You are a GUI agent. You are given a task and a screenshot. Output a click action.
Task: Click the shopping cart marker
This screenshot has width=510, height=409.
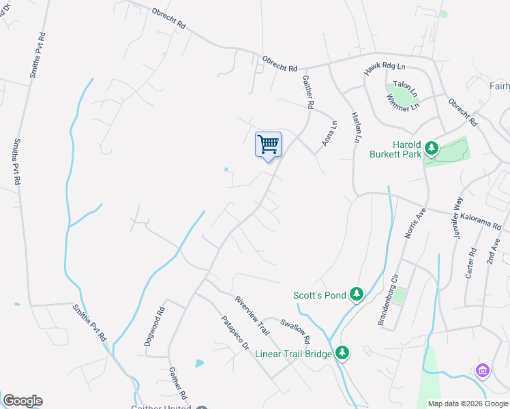click(x=268, y=145)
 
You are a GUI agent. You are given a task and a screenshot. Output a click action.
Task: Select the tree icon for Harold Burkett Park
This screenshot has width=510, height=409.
click(x=431, y=147)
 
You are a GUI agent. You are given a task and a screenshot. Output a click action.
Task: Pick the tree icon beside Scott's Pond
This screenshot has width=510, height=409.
click(x=356, y=294)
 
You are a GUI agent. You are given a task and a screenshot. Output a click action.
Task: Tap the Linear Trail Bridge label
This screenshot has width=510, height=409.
click(x=293, y=354)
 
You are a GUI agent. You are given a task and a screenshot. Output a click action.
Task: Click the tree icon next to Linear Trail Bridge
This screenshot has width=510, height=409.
click(x=342, y=353)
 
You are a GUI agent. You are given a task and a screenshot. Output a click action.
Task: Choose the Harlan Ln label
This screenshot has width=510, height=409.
click(x=355, y=127)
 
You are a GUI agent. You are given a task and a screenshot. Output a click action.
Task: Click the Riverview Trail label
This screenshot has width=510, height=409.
click(x=253, y=314)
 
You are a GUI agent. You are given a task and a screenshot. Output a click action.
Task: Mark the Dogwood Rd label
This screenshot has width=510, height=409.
click(x=154, y=327)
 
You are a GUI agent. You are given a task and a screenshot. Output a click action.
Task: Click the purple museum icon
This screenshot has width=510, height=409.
click(x=482, y=370)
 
